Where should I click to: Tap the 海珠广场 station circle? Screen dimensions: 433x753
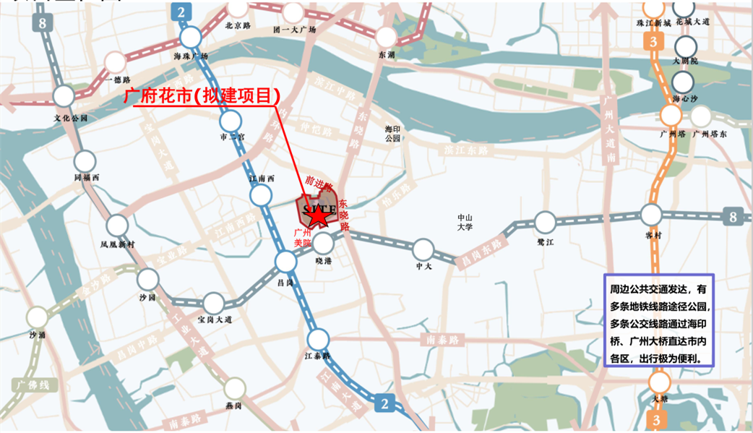point(192,38)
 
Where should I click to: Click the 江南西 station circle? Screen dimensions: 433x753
point(262,194)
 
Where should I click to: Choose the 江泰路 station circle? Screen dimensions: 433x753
point(318,338)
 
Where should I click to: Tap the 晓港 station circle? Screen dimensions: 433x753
point(323,244)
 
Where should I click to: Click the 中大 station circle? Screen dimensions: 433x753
point(423,249)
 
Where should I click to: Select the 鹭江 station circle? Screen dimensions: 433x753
point(546,222)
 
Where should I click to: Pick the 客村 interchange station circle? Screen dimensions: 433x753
point(651,215)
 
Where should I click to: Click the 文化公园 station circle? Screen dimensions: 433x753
point(64,96)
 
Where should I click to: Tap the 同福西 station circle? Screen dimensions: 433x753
point(85,160)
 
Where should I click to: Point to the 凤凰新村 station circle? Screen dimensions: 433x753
point(118,226)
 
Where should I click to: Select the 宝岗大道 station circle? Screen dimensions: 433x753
point(214,303)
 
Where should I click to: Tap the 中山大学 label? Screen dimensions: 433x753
point(465,222)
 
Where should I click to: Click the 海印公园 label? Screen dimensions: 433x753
point(392,133)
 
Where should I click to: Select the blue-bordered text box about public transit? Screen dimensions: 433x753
point(659,322)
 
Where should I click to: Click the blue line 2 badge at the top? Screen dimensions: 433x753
point(181,11)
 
